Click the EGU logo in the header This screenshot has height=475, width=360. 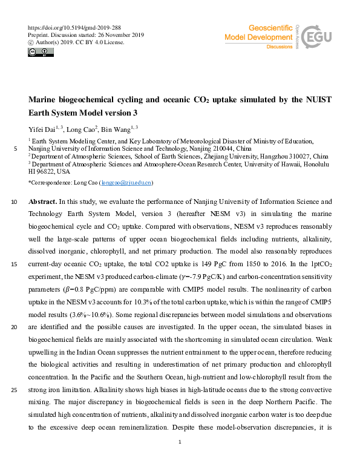pos(315,37)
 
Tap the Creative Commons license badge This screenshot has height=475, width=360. pos(41,53)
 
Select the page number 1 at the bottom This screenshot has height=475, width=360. pos(180,443)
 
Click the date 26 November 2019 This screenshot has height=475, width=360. pos(127,35)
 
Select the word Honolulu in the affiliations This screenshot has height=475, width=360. pos(314,163)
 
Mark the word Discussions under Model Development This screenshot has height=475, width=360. pos(279,46)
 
